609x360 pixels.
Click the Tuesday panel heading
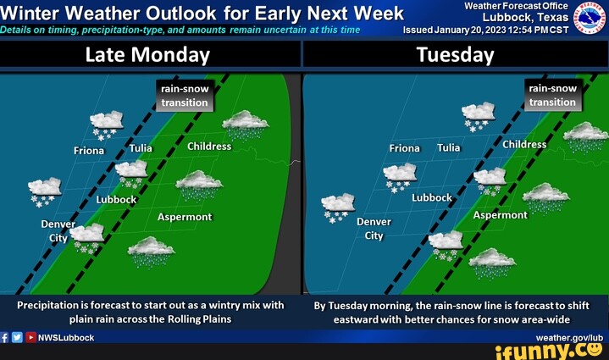coord(455,55)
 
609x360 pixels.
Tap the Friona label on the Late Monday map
coord(88,151)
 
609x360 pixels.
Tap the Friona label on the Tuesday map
coord(404,148)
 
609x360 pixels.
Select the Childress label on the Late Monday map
coord(209,147)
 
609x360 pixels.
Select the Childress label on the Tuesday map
coord(524,144)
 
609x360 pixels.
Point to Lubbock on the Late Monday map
coord(117,200)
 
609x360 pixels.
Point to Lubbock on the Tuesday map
coord(432,197)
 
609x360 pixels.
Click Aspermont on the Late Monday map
coord(185,217)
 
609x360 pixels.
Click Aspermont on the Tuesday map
coord(500,215)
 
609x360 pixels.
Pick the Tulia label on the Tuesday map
coord(449,148)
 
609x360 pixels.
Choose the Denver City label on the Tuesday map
coord(374,229)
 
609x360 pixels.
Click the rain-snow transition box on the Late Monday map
coord(185,96)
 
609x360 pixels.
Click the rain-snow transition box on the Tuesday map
coord(552,95)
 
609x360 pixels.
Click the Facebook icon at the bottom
coord(5,337)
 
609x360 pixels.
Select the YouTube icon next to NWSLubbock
coord(30,337)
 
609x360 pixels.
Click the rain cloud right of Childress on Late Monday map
coord(246,125)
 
